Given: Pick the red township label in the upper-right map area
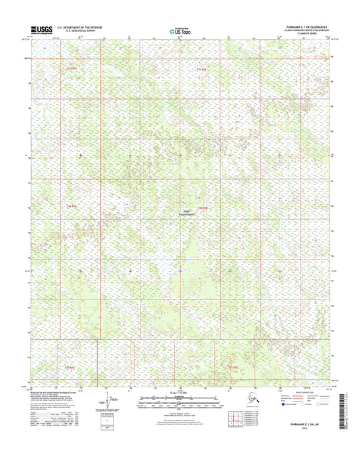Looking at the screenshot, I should tap(203, 69).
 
